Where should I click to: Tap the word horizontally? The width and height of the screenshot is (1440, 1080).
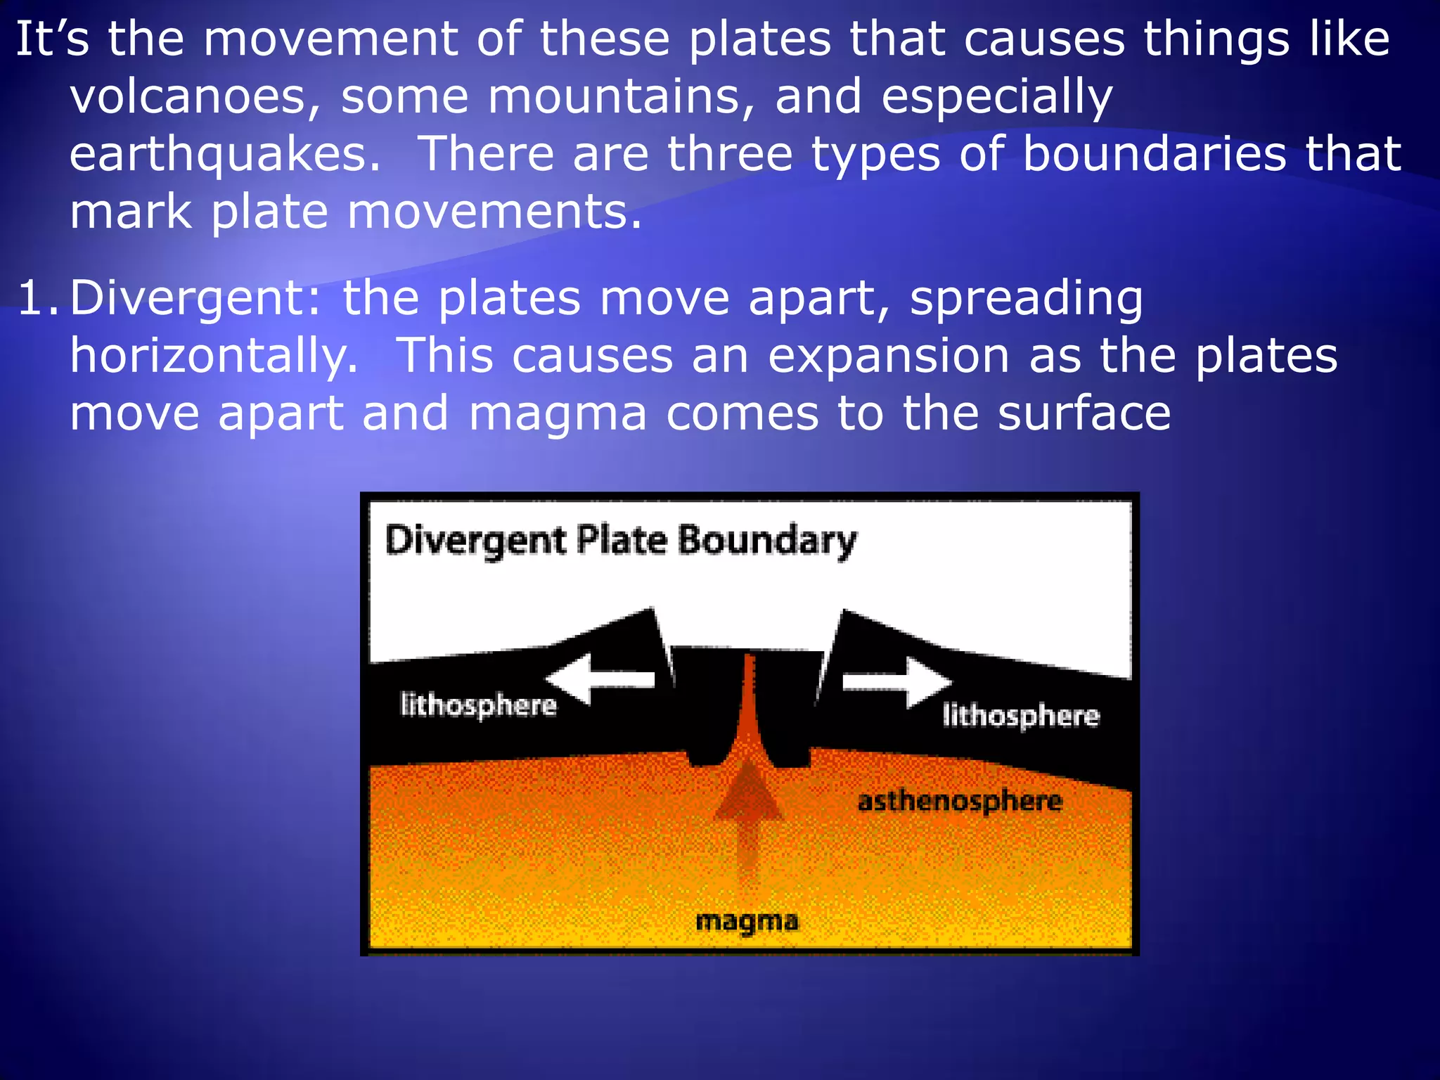point(214,356)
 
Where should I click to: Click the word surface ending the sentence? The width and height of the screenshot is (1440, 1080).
point(1084,413)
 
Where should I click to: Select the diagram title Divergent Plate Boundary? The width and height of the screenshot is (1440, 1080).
point(621,541)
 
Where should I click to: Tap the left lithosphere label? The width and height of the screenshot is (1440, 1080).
point(478,705)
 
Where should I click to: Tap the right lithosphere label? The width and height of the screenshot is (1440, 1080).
point(1020,716)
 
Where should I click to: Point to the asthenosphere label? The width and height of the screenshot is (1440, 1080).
point(960,802)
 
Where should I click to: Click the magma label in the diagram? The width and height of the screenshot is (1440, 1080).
point(747,921)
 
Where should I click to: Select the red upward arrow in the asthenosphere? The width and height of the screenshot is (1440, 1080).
point(748,809)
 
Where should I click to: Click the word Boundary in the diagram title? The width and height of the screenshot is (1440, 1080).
point(767,541)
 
